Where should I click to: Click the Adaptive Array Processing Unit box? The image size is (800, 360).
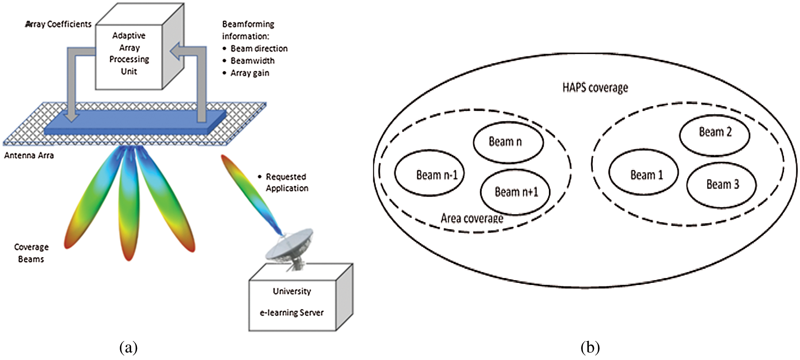pyautogui.click(x=129, y=54)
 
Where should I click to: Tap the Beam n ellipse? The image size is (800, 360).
pyautogui.click(x=508, y=142)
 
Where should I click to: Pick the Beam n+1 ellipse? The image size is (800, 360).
pyautogui.click(x=515, y=192)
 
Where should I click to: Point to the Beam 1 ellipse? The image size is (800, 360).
pyautogui.click(x=643, y=172)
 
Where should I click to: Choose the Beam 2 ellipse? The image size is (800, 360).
pyautogui.click(x=714, y=135)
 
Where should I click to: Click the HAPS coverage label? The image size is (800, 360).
pyautogui.click(x=595, y=88)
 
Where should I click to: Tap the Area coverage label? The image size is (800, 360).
pyautogui.click(x=472, y=218)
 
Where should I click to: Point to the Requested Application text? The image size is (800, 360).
pyautogui.click(x=286, y=182)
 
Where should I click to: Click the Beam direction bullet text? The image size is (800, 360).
pyautogui.click(x=259, y=49)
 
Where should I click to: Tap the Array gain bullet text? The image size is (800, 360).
pyautogui.click(x=249, y=73)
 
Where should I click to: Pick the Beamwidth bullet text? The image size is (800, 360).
pyautogui.click(x=252, y=61)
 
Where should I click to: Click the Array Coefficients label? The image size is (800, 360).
pyautogui.click(x=58, y=25)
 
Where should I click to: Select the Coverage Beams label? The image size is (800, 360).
pyautogui.click(x=31, y=253)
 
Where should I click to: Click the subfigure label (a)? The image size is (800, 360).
pyautogui.click(x=128, y=348)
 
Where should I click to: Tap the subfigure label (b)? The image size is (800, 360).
pyautogui.click(x=590, y=348)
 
